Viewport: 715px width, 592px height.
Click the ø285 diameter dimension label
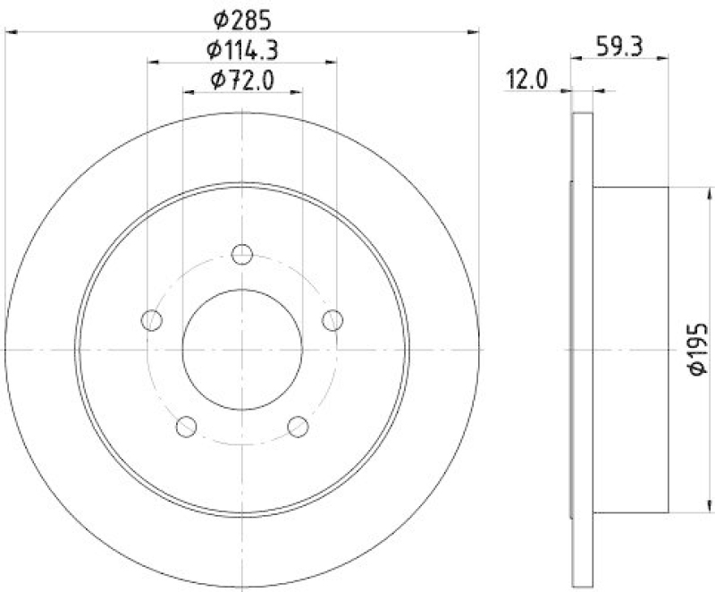242,17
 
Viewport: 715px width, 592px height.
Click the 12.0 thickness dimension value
527,80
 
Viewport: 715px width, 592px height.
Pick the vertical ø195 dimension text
698,350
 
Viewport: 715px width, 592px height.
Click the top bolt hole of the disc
242,255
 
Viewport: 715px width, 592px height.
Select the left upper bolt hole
152,319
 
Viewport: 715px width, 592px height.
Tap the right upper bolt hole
332,319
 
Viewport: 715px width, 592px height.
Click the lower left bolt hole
186,426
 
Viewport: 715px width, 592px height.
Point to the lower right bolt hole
299,426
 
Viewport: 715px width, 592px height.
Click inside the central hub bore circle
242,350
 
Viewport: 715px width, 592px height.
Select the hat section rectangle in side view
630,350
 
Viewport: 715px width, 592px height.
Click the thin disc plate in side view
582,350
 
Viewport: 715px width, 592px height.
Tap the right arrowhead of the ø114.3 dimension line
333,63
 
